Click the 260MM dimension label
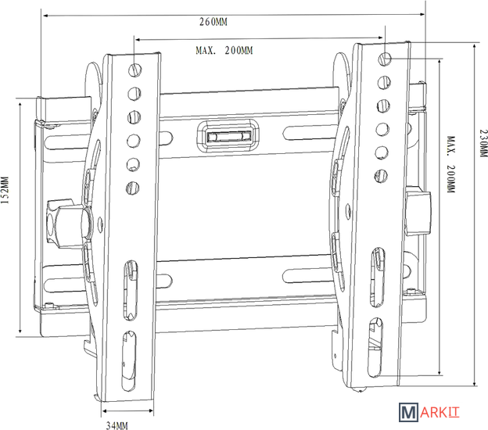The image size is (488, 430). (213, 22)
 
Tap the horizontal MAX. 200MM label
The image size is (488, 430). (224, 50)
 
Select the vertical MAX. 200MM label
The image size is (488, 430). (451, 164)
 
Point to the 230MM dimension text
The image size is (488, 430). (483, 143)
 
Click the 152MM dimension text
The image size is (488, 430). (5, 190)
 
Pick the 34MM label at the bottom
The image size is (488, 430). (117, 425)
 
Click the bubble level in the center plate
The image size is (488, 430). (228, 136)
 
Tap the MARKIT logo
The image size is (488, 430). (429, 413)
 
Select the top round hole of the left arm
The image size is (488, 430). (135, 70)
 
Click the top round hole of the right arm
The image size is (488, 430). (386, 59)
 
